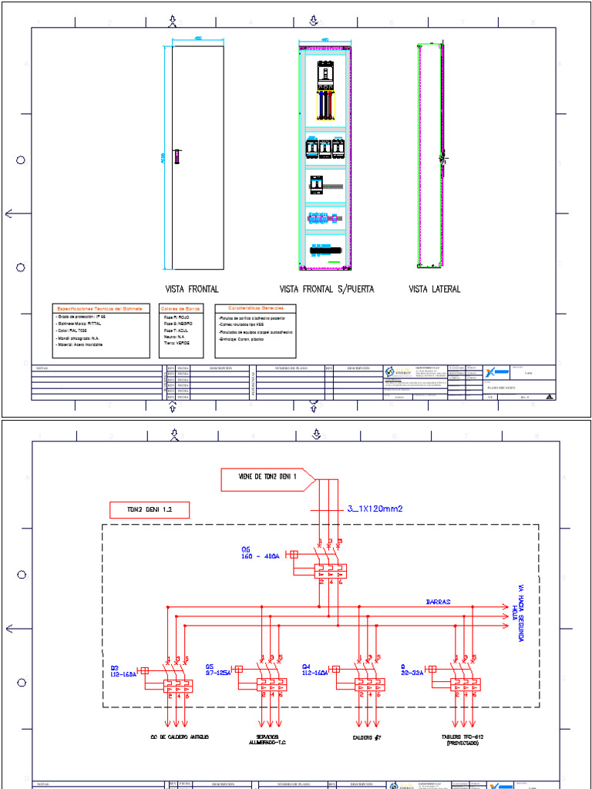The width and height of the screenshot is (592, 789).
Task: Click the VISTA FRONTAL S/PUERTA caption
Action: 326,290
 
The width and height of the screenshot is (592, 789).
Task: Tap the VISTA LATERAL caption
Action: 435,290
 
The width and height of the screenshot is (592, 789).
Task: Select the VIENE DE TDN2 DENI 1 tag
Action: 267,479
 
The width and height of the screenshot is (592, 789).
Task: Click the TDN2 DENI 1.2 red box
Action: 150,509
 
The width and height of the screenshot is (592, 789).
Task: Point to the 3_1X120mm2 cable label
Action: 375,508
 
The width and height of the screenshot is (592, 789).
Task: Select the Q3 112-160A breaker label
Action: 123,670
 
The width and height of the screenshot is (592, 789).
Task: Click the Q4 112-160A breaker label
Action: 315,670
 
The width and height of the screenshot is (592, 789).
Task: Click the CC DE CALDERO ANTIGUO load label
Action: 180,737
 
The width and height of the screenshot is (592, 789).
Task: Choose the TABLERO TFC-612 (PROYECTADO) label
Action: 462,740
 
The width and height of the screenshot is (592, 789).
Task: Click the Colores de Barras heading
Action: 181,308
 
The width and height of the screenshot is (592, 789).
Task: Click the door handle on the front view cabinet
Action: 177,157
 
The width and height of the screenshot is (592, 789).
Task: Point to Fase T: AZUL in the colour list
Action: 176,330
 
